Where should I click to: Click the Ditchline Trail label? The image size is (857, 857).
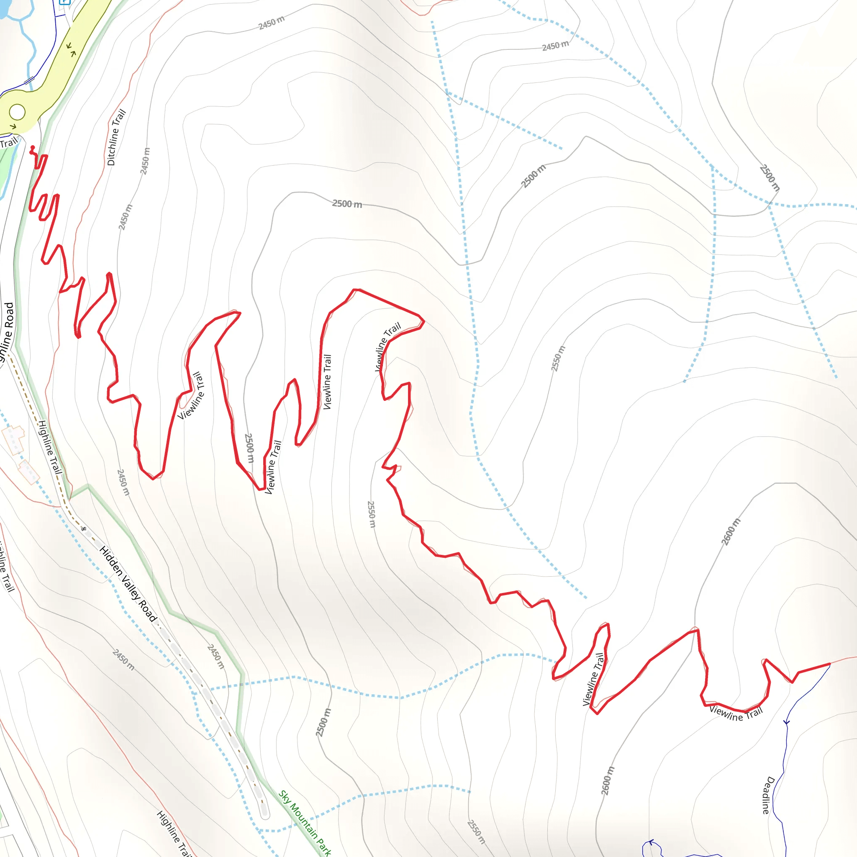[x=117, y=138]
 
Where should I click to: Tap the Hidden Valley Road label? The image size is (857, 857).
[x=128, y=584]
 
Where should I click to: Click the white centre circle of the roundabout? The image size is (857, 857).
[x=17, y=112]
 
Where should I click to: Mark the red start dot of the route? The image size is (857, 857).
[x=32, y=148]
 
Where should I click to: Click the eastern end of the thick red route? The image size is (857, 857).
[x=829, y=664]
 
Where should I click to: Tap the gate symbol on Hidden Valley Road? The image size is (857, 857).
[x=83, y=529]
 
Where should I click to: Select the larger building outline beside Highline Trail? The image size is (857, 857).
[x=14, y=439]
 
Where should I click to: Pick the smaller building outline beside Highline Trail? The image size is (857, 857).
[x=29, y=472]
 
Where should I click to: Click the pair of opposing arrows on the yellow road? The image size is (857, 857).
[x=71, y=49]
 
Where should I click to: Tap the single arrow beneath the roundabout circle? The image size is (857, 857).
[x=13, y=126]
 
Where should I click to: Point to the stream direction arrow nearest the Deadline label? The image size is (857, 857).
[x=786, y=722]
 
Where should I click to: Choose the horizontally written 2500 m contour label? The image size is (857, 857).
[x=347, y=204]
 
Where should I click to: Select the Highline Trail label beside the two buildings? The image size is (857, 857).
[x=49, y=447]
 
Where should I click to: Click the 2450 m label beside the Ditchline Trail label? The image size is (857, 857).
[x=145, y=161]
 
